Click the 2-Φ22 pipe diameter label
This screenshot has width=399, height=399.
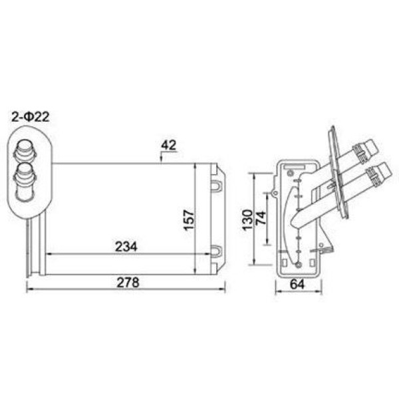(x=31, y=117)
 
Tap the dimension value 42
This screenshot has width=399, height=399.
(x=168, y=145)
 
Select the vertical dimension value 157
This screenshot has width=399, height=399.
(x=189, y=220)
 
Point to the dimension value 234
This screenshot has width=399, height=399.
(x=126, y=246)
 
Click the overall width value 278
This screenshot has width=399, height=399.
(x=128, y=283)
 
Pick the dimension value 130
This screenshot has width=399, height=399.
(x=247, y=220)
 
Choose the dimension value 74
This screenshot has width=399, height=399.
(x=261, y=218)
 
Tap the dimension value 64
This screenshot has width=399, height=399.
(x=297, y=284)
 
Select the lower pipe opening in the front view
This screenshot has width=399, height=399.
(x=25, y=168)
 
